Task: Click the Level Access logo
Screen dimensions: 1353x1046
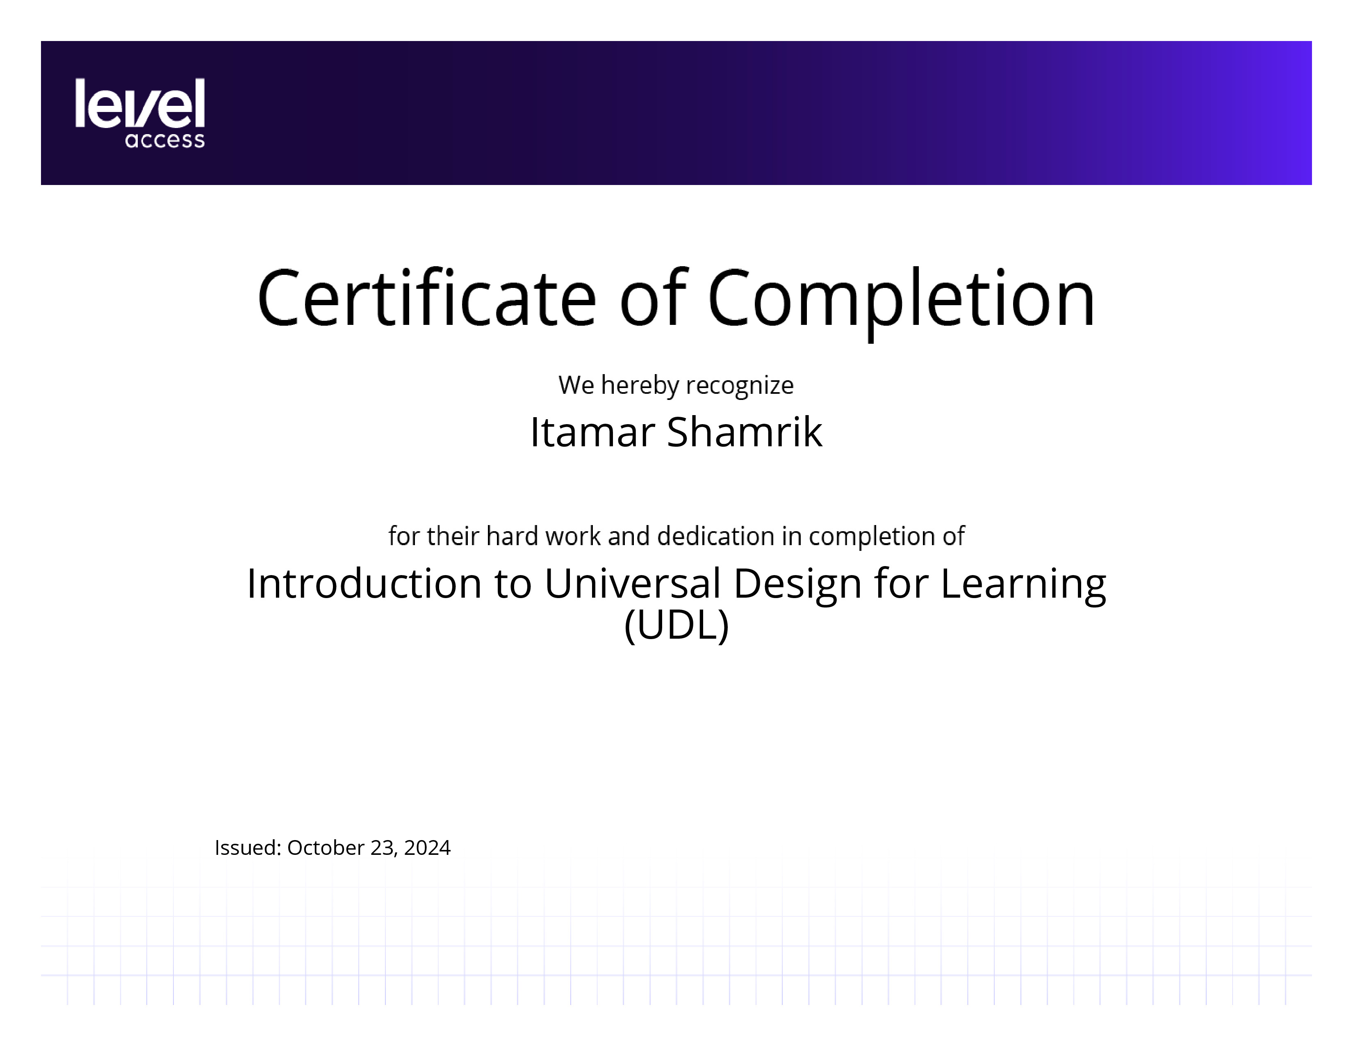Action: coord(140,113)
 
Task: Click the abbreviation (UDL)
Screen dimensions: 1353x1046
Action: coord(676,626)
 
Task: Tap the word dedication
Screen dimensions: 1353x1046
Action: coord(715,536)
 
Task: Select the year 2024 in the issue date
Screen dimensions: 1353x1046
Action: coord(428,848)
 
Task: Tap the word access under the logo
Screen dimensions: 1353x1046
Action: coord(165,140)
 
